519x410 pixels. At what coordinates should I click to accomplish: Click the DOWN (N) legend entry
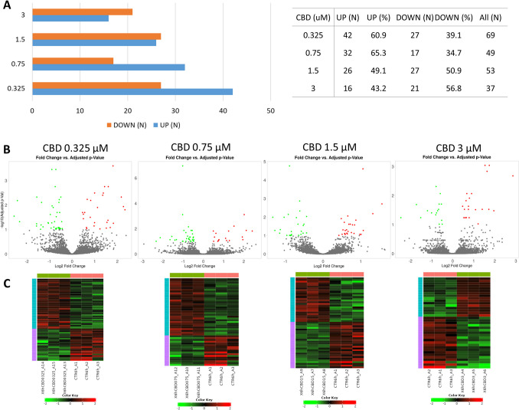[122, 125]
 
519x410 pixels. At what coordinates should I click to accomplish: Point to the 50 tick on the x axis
[271, 110]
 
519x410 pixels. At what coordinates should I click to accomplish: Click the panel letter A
[6, 7]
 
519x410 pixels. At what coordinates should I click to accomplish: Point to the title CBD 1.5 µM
[325, 149]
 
